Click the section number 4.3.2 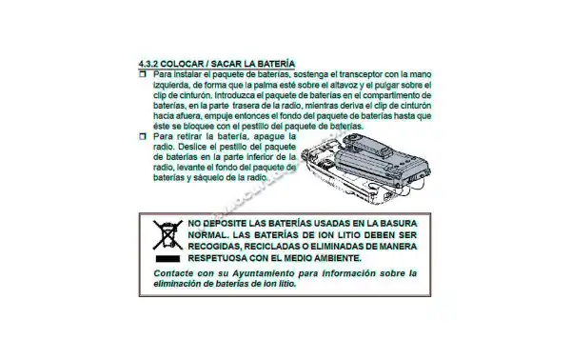pyautogui.click(x=148, y=64)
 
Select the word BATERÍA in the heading pyautogui.click(x=276, y=64)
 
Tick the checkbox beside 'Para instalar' pyautogui.click(x=143, y=74)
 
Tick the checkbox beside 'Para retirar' pyautogui.click(x=143, y=136)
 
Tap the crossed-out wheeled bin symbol pyautogui.click(x=167, y=235)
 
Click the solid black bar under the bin pyautogui.click(x=167, y=259)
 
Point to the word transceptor pyautogui.click(x=362, y=74)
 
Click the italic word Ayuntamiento pyautogui.click(x=264, y=273)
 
